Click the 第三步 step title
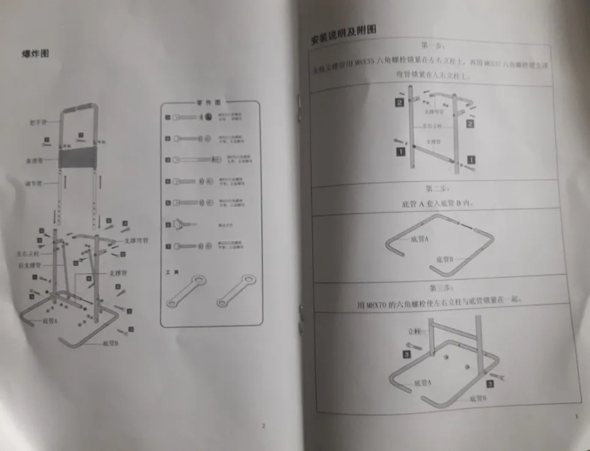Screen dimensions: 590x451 pyautogui.click(x=439, y=287)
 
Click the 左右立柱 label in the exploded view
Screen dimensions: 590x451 pyautogui.click(x=29, y=253)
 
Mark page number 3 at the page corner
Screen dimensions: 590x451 pyautogui.click(x=576, y=417)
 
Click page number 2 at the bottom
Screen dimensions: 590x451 pyautogui.click(x=263, y=425)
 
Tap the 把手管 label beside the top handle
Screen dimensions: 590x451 pyautogui.click(x=37, y=121)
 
